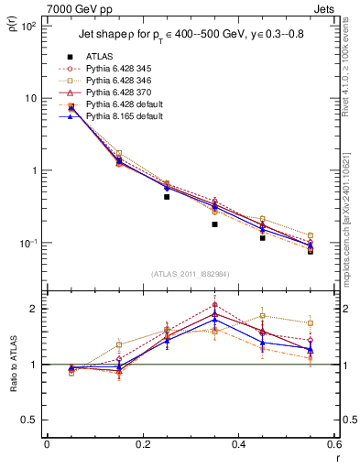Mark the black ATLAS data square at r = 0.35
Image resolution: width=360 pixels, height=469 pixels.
(214, 224)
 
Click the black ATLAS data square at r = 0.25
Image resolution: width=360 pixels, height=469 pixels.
(167, 197)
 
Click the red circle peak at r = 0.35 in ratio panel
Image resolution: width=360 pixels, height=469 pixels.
(214, 305)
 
